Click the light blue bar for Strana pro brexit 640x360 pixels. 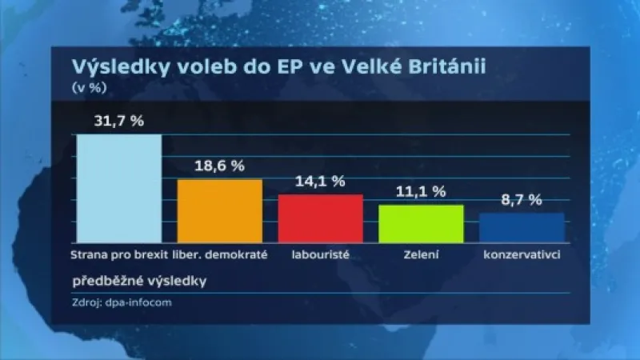click(x=118, y=188)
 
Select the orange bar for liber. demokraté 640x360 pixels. click(x=219, y=210)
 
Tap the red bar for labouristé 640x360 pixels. click(x=320, y=218)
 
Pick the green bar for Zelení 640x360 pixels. click(x=421, y=223)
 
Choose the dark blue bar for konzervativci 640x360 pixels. click(x=522, y=227)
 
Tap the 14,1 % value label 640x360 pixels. click(x=320, y=182)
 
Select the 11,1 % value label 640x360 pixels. click(x=421, y=192)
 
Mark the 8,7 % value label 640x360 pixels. click(x=522, y=200)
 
